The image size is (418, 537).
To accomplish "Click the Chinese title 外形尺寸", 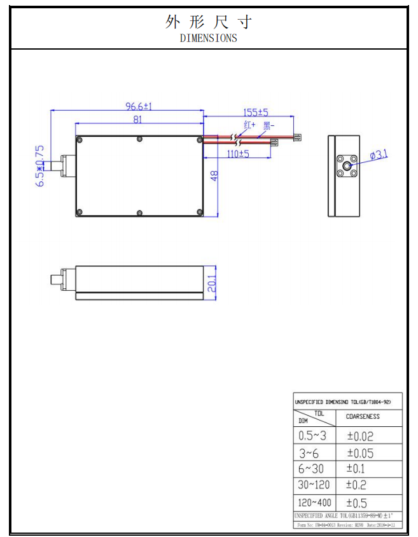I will [x=209, y=22].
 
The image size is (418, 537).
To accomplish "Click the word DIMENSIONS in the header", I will [x=208, y=38].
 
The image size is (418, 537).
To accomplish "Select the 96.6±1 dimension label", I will [x=138, y=106].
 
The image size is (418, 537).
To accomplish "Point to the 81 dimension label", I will [x=137, y=119].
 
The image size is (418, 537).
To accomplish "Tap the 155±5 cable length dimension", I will [x=256, y=112].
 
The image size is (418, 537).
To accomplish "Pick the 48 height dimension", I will [x=214, y=176].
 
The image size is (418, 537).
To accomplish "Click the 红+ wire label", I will [x=249, y=125].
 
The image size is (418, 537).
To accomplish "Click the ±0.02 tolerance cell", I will [x=360, y=436].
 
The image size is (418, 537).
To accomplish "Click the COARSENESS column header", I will [x=363, y=416].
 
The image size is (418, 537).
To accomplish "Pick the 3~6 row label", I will [x=309, y=453].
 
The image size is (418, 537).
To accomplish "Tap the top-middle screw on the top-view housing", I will [x=139, y=139].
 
